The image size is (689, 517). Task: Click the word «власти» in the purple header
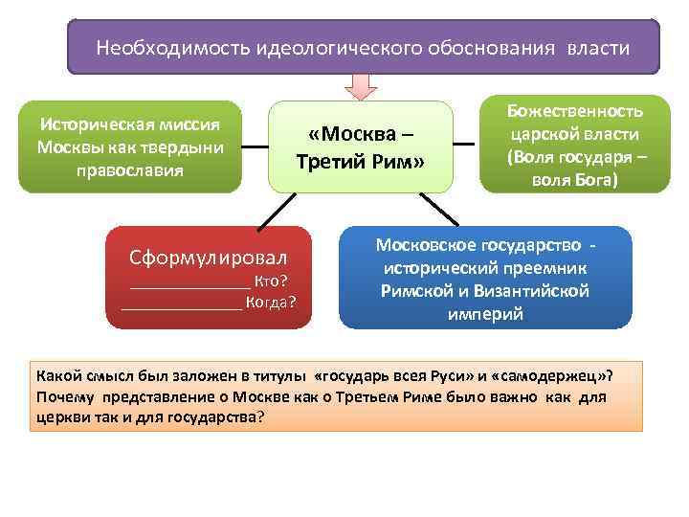598,47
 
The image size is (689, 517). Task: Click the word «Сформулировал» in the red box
209,258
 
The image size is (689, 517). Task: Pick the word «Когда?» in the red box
271,304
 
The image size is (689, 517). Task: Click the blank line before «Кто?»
189,284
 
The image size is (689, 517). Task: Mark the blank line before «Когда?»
182,308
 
